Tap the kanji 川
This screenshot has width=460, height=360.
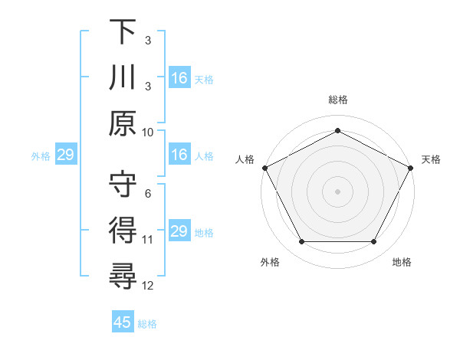tap(123, 77)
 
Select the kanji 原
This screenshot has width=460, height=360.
tap(123, 123)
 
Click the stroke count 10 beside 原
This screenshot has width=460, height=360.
tap(149, 132)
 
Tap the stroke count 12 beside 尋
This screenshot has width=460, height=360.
tap(149, 286)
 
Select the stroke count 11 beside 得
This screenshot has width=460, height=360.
tap(149, 240)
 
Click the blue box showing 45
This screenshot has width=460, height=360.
tap(123, 322)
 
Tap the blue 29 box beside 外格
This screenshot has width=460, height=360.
tap(65, 155)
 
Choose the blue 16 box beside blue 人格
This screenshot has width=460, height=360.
tap(179, 155)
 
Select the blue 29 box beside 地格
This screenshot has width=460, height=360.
tap(179, 232)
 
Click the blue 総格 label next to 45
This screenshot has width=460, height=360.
tap(147, 324)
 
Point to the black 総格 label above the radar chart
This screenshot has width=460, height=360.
tap(337, 100)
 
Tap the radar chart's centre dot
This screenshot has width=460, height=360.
tap(337, 191)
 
